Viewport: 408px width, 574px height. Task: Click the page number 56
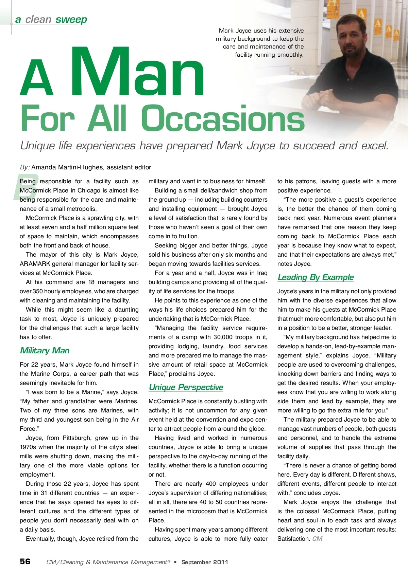pyautogui.click(x=25, y=561)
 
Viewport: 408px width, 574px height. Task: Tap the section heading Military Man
pyautogui.click(x=45, y=351)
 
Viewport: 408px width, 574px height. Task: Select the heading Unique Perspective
pyautogui.click(x=186, y=387)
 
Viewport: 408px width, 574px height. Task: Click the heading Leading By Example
pyautogui.click(x=316, y=277)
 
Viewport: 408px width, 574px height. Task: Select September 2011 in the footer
pyautogui.click(x=205, y=562)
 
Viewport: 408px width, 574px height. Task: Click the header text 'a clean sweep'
pyautogui.click(x=51, y=20)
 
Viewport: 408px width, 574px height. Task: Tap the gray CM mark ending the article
pyautogui.click(x=317, y=539)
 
